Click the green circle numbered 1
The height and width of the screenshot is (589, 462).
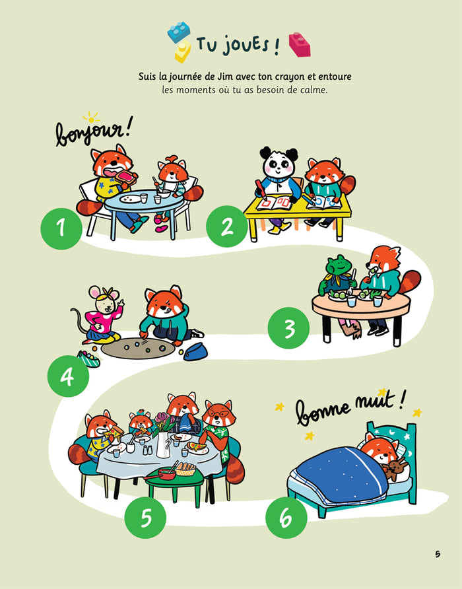point(61,229)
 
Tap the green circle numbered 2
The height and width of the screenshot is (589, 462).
point(226,228)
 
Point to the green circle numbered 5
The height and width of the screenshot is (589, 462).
point(146,517)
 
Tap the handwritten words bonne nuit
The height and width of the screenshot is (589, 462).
point(349,407)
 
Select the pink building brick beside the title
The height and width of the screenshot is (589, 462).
point(299,45)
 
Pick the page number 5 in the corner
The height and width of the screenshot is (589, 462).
point(437,554)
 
